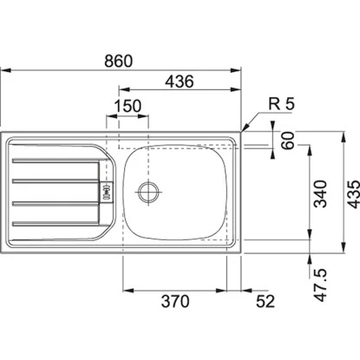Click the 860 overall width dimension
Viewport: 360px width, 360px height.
(118, 61)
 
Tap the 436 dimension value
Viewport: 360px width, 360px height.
(179, 82)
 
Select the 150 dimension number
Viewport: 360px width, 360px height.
(128, 106)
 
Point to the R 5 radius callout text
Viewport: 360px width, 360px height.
(281, 104)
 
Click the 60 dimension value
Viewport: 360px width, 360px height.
(288, 141)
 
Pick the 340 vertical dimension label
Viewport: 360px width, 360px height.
(320, 193)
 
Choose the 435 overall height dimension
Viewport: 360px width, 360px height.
(353, 194)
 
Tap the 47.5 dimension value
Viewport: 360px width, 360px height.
(320, 285)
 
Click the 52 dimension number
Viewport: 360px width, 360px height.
(265, 302)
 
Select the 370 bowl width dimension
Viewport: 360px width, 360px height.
(175, 301)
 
